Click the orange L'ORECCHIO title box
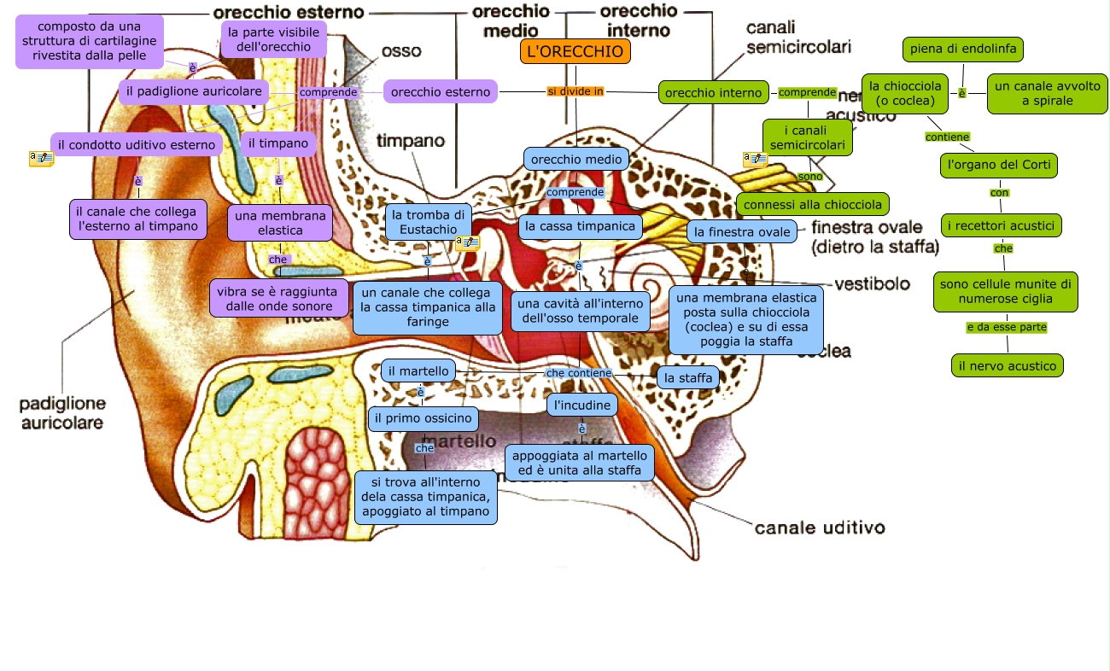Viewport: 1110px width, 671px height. pyautogui.click(x=575, y=51)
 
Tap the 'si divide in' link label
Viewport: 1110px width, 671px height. pyautogui.click(x=575, y=91)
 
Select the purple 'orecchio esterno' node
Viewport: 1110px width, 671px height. pyautogui.click(x=441, y=91)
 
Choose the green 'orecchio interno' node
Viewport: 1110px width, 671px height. pyautogui.click(x=713, y=92)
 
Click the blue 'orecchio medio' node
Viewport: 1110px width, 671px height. pyautogui.click(x=576, y=159)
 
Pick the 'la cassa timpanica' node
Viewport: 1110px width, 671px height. pyautogui.click(x=581, y=227)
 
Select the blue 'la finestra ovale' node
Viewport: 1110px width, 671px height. pyautogui.click(x=742, y=231)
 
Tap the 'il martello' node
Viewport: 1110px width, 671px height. pyautogui.click(x=418, y=371)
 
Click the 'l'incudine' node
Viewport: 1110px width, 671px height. pyautogui.click(x=582, y=405)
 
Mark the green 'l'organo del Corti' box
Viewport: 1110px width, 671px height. pyautogui.click(x=999, y=165)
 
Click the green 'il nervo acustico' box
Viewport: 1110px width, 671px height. pyautogui.click(x=1007, y=365)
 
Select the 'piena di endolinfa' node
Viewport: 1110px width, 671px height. pyautogui.click(x=962, y=50)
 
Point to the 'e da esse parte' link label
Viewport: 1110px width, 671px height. pyautogui.click(x=1006, y=327)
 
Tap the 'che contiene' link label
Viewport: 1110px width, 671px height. pyautogui.click(x=579, y=373)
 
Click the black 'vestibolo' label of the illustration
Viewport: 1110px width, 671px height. pyautogui.click(x=871, y=283)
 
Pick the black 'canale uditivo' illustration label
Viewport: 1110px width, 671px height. pyautogui.click(x=819, y=528)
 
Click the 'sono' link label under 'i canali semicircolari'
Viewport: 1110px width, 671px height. pyautogui.click(x=809, y=177)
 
